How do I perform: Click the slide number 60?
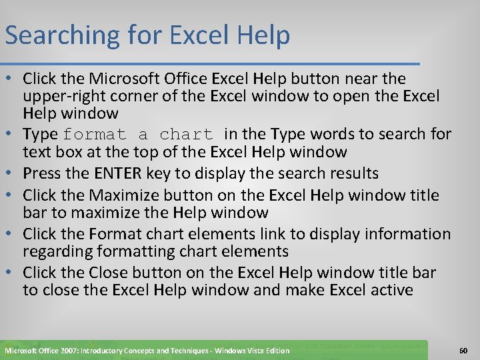[x=464, y=350]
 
